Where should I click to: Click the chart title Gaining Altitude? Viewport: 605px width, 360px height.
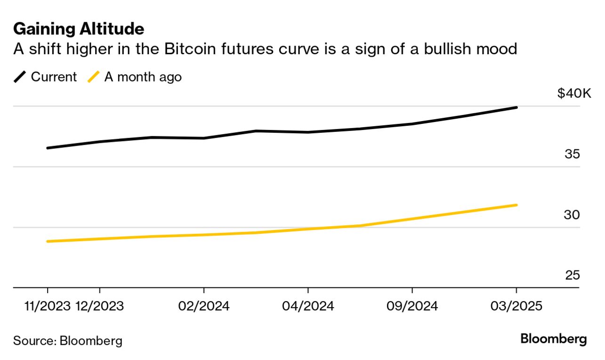(x=79, y=29)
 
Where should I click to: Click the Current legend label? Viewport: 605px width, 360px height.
(x=54, y=77)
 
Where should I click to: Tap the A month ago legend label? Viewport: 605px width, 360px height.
(x=143, y=77)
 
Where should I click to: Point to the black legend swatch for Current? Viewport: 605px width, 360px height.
(x=20, y=77)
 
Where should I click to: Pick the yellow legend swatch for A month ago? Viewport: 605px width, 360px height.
(x=94, y=77)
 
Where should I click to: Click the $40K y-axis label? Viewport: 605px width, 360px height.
(x=573, y=93)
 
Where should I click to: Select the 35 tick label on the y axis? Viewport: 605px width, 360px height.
(x=572, y=154)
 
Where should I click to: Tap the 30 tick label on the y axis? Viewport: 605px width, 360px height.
(x=572, y=215)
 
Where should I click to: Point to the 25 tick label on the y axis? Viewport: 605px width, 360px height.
(x=572, y=275)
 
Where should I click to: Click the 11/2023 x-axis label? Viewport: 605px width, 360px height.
(x=48, y=306)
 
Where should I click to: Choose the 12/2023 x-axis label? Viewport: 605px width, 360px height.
(x=99, y=306)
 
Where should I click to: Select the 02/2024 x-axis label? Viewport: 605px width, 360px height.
(x=204, y=306)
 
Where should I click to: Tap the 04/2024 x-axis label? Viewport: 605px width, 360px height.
(x=308, y=306)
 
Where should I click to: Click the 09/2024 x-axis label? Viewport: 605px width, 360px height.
(x=412, y=306)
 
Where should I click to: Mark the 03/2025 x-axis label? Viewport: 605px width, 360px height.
(x=516, y=306)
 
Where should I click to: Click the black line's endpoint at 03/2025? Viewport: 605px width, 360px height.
(x=516, y=107)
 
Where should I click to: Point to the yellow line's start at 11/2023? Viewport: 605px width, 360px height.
(x=48, y=241)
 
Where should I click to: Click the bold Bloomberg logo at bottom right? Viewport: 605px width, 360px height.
(x=553, y=339)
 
